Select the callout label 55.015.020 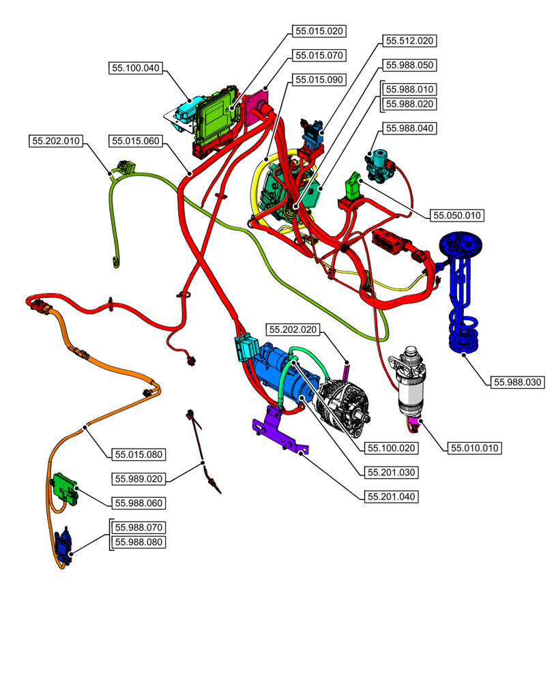(x=319, y=31)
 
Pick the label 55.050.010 (x=457, y=216)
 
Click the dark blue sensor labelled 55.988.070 (x=65, y=545)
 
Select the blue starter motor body (x=276, y=365)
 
